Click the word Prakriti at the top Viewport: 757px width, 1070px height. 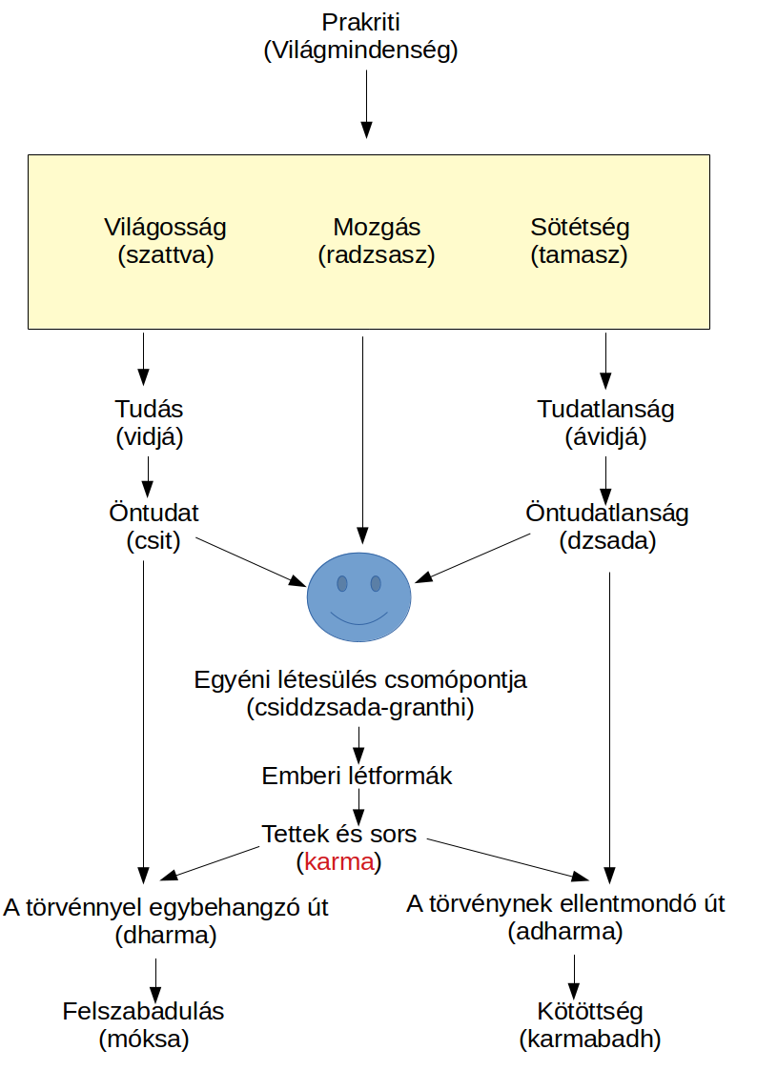360,21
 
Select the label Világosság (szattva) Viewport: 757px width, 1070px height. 165,242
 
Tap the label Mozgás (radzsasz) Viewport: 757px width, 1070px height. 376,242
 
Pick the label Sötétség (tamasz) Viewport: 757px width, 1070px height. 580,242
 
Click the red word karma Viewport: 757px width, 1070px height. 338,863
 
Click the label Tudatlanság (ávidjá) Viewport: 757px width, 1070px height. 605,423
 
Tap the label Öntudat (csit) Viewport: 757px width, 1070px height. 153,527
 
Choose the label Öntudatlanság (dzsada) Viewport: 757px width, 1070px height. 607,527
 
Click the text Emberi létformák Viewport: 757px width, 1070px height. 357,776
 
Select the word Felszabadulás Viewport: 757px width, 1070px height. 144,1011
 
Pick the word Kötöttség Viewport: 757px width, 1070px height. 589,1011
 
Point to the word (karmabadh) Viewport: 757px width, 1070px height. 589,1040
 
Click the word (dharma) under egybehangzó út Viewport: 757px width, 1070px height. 166,935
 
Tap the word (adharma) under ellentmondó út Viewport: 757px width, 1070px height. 565,931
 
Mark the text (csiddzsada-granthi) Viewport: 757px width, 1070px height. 359,709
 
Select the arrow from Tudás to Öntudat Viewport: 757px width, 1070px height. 148,471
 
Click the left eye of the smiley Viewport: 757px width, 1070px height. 341,582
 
